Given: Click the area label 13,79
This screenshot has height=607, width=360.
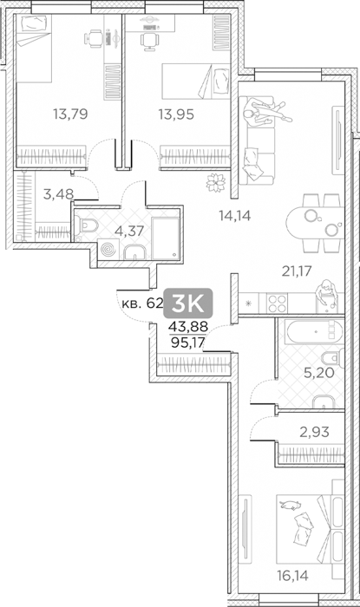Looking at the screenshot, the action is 70,114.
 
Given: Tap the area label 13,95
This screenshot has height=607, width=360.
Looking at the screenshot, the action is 176,114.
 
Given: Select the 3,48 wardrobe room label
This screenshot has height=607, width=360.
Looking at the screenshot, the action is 58,194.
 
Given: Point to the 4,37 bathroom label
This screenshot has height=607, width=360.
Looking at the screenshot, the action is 129,231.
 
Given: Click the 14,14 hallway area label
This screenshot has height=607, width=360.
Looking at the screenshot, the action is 234,216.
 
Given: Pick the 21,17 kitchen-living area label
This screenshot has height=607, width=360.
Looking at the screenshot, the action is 297,271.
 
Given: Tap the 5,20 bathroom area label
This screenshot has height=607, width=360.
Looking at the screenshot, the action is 319,373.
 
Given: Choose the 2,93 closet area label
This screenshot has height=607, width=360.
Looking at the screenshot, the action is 314,431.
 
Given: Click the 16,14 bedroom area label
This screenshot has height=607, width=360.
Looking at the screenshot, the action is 292,576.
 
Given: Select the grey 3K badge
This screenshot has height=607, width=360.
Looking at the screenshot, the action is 188,303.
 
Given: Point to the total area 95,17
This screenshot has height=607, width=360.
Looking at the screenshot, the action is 187,343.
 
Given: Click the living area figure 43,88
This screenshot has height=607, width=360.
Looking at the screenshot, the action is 187,327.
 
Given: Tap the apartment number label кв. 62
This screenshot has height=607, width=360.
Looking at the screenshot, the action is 142,303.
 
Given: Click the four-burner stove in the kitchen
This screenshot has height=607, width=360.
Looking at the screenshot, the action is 277,303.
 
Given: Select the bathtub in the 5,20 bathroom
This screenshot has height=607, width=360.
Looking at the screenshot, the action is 313,332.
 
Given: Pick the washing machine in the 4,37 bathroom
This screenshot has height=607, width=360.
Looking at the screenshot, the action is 108,249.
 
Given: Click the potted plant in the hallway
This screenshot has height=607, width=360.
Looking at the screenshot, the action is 216,182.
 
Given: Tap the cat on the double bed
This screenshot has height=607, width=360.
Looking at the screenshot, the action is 291,505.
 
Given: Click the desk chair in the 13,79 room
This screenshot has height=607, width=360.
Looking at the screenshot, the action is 93,38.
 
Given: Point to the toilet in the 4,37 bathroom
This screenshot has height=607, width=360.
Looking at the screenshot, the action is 87,226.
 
